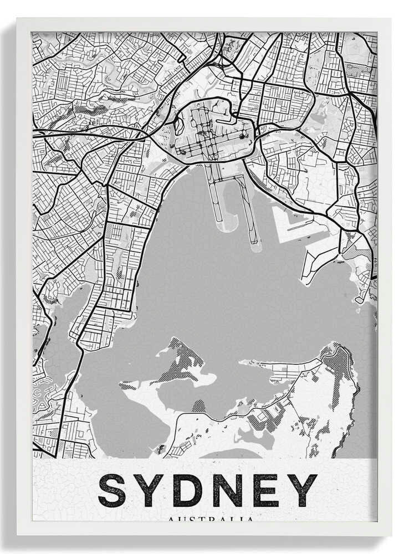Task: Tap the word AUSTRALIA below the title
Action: (211, 520)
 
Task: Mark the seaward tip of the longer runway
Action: (255, 247)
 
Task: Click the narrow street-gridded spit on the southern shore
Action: (277, 366)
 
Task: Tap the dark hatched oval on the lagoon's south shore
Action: (198, 407)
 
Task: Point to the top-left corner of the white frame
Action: (18, 19)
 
